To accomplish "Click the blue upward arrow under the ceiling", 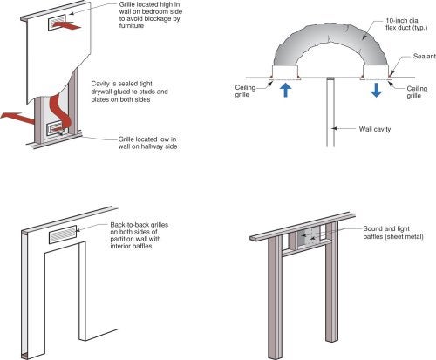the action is click(286, 90).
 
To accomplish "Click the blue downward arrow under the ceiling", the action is click(376, 90).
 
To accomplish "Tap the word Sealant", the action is click(425, 56).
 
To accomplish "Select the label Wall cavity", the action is click(375, 129).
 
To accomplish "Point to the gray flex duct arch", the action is click(330, 32).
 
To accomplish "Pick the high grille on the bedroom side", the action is click(56, 23).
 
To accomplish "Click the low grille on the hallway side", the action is click(56, 129).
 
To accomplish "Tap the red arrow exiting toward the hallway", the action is click(17, 118).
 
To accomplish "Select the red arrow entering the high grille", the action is click(66, 25).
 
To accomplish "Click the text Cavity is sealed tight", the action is click(122, 84).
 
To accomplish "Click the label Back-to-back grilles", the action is click(140, 225).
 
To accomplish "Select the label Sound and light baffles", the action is click(393, 233).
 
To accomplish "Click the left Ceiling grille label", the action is click(245, 91).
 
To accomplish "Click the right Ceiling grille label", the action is click(417, 92).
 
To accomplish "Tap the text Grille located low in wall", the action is click(147, 143).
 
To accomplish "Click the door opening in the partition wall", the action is click(63, 294).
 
